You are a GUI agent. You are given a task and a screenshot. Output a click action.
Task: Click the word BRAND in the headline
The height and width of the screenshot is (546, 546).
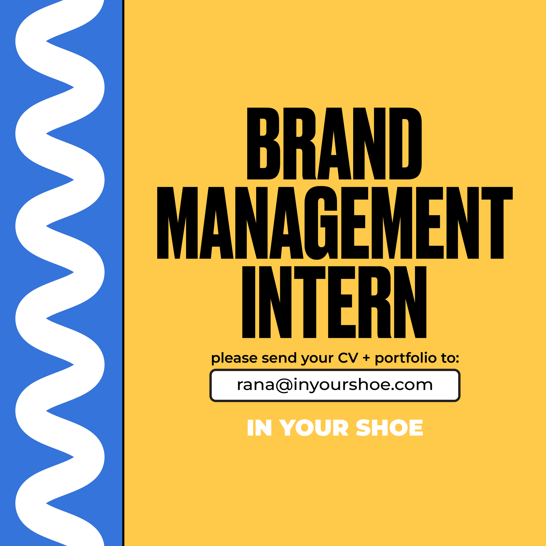tap(334, 144)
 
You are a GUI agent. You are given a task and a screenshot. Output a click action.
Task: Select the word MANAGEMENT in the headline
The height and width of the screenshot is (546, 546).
tap(335, 222)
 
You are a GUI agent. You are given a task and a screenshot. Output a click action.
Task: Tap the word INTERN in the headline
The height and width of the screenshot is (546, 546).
tap(334, 302)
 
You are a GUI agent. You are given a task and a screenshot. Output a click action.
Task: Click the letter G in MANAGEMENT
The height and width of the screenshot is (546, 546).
tap(321, 222)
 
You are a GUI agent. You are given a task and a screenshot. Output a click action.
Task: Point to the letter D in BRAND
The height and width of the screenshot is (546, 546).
tap(406, 144)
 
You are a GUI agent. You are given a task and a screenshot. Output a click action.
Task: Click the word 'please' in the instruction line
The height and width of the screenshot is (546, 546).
tap(234, 358)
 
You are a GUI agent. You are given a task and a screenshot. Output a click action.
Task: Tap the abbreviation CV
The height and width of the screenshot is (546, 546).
tap(348, 358)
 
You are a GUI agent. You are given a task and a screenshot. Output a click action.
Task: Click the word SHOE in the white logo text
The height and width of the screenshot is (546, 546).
tap(390, 428)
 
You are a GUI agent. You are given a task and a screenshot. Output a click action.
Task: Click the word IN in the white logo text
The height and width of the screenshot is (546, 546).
tap(259, 428)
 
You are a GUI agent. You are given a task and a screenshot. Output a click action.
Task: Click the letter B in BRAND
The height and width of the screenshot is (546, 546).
tap(263, 144)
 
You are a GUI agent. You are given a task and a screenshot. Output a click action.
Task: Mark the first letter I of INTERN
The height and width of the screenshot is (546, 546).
tap(249, 302)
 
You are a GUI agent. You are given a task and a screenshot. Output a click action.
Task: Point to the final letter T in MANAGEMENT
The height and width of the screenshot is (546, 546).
tap(497, 222)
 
